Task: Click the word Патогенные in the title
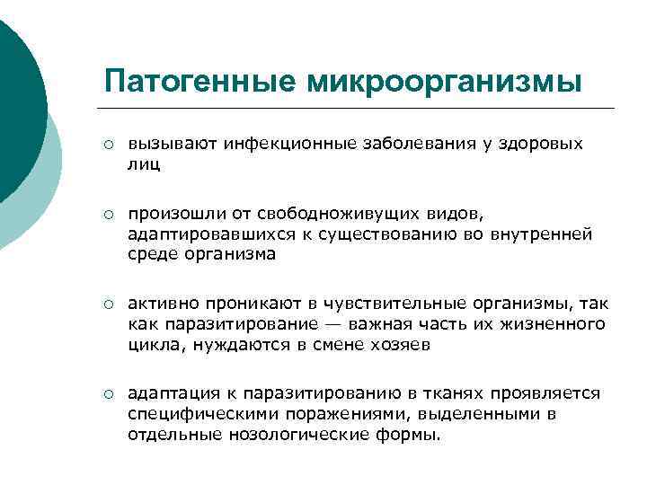199,82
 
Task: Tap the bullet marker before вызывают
107,144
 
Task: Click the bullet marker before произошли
107,214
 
